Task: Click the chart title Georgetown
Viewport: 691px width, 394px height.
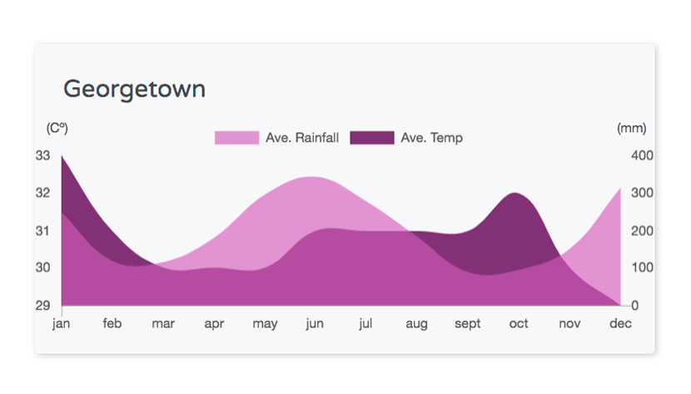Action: pos(134,90)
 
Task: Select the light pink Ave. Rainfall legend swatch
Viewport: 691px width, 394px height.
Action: pos(236,138)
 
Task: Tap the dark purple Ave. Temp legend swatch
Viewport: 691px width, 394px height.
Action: pos(372,138)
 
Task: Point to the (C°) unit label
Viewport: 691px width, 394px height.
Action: pos(57,128)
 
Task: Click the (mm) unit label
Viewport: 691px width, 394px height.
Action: pos(632,128)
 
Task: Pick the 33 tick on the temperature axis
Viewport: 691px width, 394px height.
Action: pos(42,155)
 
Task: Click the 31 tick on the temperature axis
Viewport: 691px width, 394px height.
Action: pos(42,231)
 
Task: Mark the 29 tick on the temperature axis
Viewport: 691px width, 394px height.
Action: pos(42,306)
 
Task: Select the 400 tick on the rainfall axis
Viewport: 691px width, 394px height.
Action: pos(642,155)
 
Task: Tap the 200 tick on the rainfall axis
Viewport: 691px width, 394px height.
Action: pos(642,231)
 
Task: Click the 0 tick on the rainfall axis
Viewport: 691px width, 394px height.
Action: pos(634,306)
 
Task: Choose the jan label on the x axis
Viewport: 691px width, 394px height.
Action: pos(62,324)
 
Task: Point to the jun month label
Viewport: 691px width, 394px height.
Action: pos(315,324)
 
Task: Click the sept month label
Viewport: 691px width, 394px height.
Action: pos(468,324)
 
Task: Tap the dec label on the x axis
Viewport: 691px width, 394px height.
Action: pos(620,323)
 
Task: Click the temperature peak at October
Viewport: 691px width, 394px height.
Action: pos(515,193)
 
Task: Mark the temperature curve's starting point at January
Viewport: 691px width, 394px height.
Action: pos(62,155)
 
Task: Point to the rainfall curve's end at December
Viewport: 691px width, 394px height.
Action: pos(620,188)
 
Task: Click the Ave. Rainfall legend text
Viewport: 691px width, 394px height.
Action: pos(302,138)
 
